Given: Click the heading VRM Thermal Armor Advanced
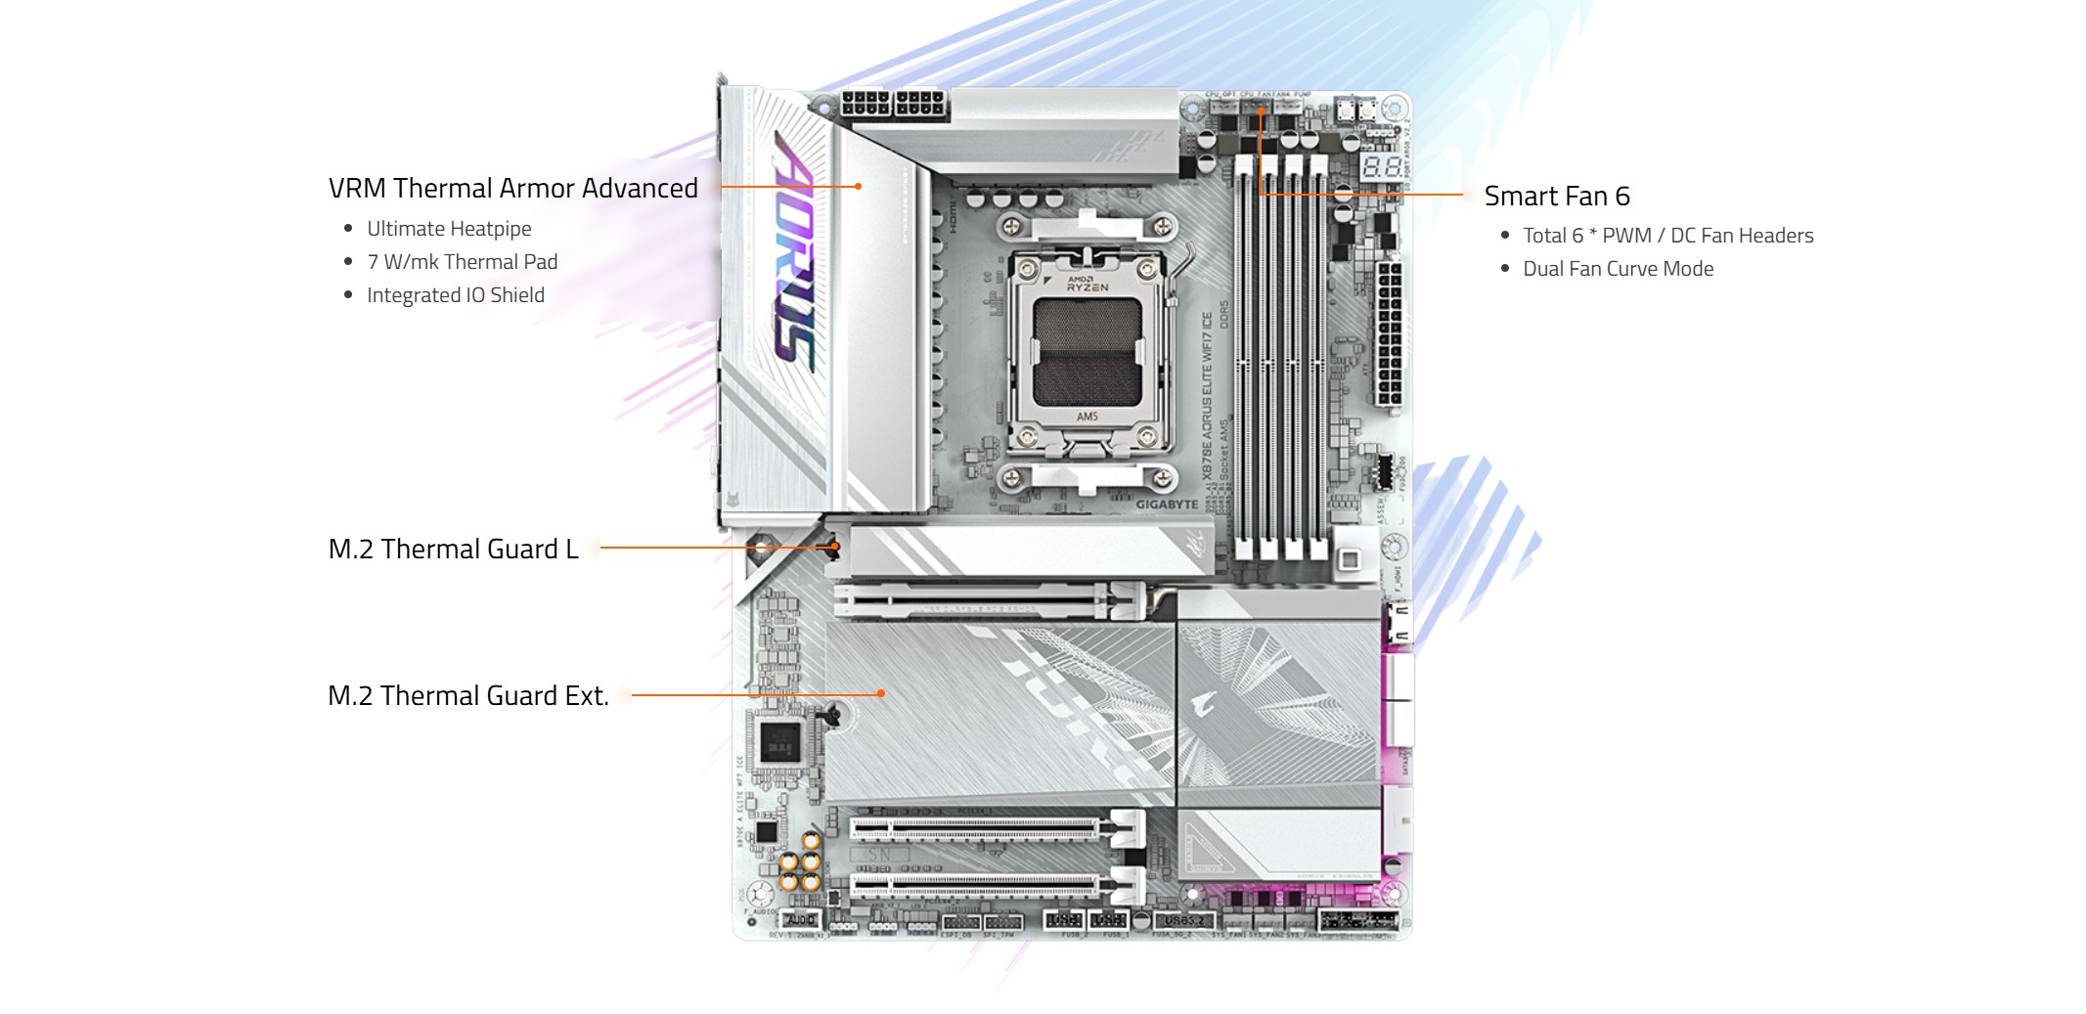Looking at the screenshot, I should tap(512, 188).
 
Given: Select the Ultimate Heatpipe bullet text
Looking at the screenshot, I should tap(449, 229).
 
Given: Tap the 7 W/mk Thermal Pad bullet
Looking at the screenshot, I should tap(462, 262).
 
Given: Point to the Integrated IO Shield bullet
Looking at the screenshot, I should tap(455, 295).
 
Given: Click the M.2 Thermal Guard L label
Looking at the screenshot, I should tap(453, 550).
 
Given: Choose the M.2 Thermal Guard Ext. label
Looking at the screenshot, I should tap(467, 696).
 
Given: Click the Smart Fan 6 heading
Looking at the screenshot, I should tap(1556, 197).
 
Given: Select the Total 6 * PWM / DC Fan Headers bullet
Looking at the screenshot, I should tap(1667, 236).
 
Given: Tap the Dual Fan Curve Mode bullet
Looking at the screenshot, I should tap(1618, 269).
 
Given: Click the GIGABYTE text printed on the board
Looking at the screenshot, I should tap(1167, 505).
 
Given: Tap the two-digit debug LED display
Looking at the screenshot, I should tap(1381, 166).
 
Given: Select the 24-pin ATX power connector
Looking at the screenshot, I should tap(1389, 332).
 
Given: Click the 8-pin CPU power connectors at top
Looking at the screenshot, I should tap(894, 104).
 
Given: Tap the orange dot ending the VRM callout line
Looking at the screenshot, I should tap(858, 186).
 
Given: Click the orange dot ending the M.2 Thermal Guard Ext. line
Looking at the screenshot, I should tap(881, 693).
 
